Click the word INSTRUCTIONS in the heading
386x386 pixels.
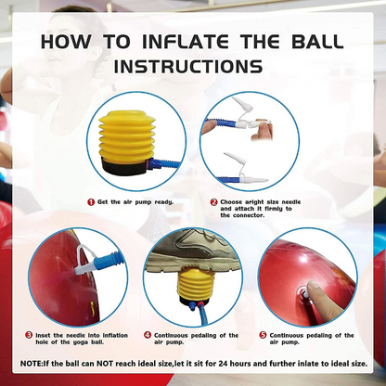[193, 68]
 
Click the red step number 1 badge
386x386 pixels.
[90, 200]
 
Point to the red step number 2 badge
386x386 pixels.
[212, 201]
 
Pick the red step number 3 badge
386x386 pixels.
[29, 334]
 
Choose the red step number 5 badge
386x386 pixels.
[264, 334]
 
